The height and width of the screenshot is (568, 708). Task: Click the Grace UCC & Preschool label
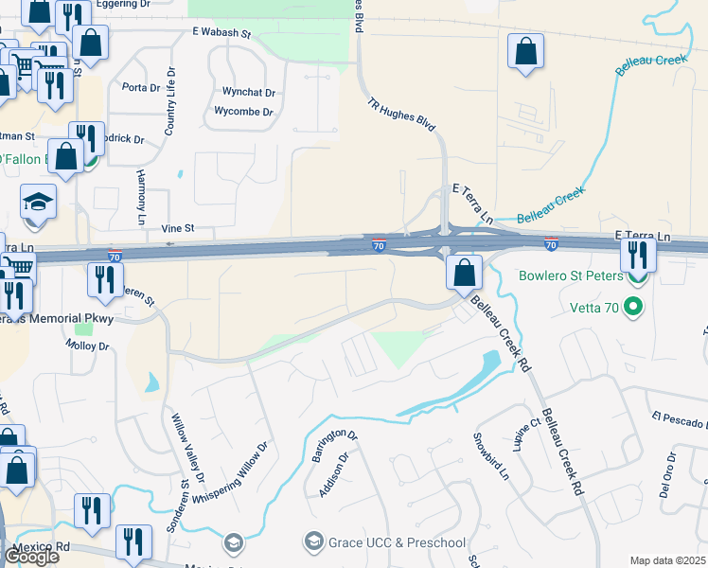tap(397, 542)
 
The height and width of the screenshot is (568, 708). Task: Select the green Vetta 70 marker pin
tap(636, 307)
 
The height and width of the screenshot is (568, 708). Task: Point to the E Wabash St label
tap(221, 33)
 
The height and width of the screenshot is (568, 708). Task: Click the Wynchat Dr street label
tap(248, 93)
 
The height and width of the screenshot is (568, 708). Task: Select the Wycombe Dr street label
tap(243, 112)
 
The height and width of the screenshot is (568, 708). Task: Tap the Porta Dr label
tap(142, 88)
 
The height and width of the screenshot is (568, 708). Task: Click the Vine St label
tap(177, 228)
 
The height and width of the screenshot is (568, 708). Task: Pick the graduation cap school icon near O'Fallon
tap(38, 202)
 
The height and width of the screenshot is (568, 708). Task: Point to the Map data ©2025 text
tap(666, 560)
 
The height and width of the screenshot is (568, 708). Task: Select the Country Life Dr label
tap(170, 101)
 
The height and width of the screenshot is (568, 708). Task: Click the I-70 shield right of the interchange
tap(551, 245)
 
